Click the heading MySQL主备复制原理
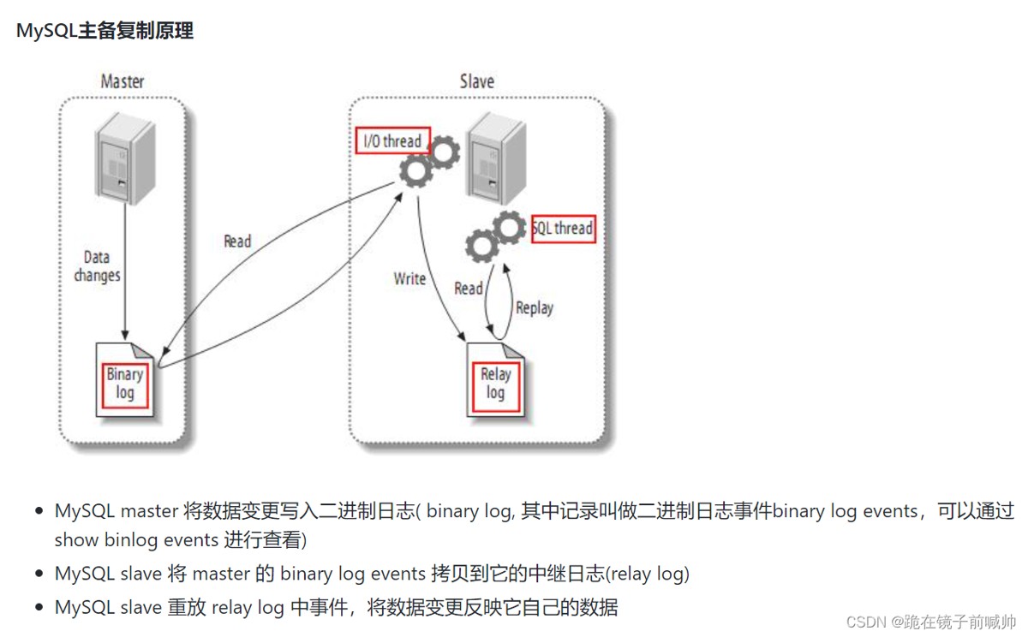[105, 31]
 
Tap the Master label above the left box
[123, 82]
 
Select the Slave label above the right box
[476, 82]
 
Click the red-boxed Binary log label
[125, 384]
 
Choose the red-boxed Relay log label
[495, 384]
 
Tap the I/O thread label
[392, 141]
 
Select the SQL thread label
[563, 229]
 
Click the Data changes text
[97, 266]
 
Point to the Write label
[409, 279]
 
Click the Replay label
[534, 307]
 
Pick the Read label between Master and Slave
[237, 241]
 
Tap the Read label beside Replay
[469, 289]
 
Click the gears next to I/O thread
[429, 163]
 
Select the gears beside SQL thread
[495, 236]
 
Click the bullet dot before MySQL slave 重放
[39, 608]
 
